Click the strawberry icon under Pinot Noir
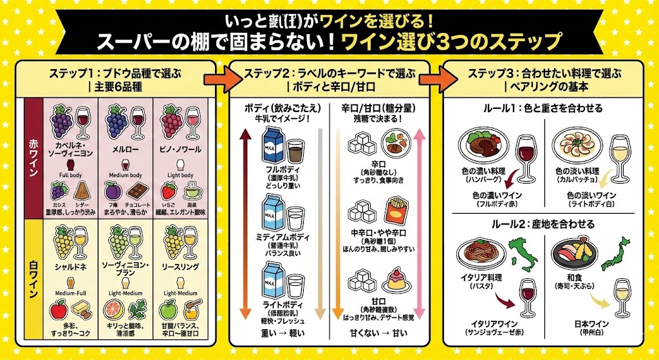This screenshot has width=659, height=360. point(169,191)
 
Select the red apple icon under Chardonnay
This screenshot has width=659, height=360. point(59,311)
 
